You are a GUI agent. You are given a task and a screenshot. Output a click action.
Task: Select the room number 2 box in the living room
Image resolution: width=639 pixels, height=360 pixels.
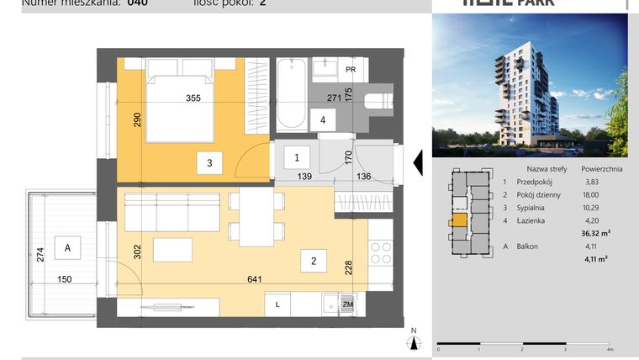[314, 262]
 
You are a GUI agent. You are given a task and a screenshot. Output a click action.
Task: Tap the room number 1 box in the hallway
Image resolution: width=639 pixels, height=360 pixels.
[296, 156]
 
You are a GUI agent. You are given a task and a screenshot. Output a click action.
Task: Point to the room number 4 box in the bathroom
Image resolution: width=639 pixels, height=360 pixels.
[323, 119]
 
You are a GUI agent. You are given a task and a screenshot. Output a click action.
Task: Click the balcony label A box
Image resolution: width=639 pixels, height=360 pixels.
[66, 247]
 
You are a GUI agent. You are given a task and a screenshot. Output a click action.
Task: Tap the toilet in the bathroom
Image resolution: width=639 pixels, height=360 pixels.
[378, 102]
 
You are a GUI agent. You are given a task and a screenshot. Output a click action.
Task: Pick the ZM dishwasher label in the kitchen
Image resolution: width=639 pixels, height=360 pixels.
[348, 305]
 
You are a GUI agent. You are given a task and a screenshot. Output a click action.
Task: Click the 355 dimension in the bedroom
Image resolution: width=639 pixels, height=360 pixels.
[193, 98]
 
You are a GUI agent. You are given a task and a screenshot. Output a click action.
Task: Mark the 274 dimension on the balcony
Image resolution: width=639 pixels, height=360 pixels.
[40, 255]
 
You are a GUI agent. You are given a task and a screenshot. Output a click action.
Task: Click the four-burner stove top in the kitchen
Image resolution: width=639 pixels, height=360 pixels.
[380, 252]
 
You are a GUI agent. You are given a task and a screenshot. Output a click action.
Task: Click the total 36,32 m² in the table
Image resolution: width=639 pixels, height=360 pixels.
[596, 234]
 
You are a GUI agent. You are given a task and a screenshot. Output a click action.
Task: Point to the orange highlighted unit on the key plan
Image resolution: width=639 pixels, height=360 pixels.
[459, 223]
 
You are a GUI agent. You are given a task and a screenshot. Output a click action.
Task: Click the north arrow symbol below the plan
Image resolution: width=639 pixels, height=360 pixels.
[413, 340]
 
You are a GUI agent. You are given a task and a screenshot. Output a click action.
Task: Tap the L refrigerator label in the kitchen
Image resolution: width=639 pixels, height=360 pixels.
[277, 305]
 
